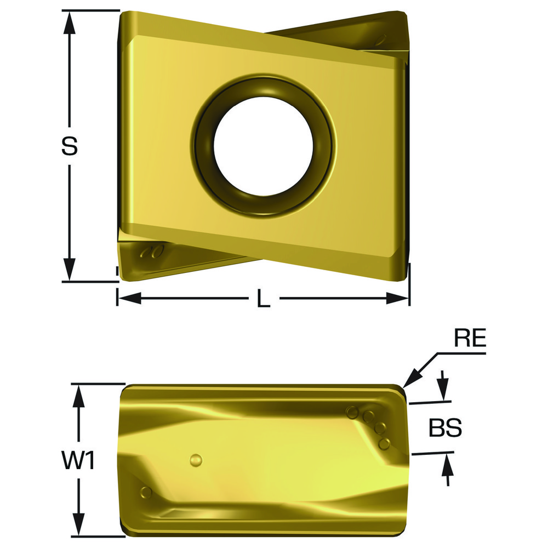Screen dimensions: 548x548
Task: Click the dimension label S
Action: click(69, 146)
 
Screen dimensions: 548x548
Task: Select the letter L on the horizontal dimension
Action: click(264, 299)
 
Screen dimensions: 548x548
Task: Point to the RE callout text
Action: click(470, 339)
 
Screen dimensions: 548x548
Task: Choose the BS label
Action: click(445, 429)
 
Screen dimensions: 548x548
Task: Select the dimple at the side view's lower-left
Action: click(145, 490)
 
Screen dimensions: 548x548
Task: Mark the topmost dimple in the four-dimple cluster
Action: click(351, 411)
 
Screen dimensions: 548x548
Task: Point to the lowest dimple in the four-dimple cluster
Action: click(385, 442)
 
